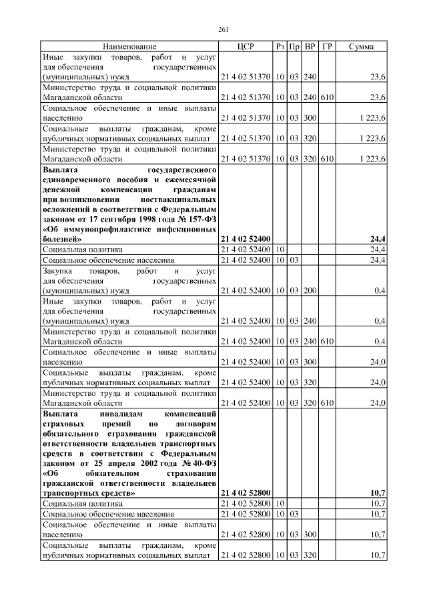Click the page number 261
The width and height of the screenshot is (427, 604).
(224, 29)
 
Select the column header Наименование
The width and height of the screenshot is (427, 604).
(129, 47)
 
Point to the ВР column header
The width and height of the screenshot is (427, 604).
(310, 47)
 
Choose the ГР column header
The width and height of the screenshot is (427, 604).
(327, 47)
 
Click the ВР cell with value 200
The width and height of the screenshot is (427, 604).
(310, 290)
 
